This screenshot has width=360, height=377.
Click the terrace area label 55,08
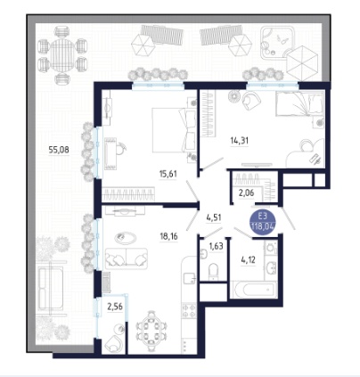(59, 150)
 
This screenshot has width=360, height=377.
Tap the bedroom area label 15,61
(168, 174)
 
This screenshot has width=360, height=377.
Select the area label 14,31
(240, 140)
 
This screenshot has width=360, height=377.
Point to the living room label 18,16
(169, 236)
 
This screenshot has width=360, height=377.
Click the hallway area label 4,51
(214, 217)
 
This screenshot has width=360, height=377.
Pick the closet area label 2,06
(247, 193)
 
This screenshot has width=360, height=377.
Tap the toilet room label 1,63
(217, 246)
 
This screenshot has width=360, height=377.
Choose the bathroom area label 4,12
(248, 260)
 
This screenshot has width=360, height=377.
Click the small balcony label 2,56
(115, 307)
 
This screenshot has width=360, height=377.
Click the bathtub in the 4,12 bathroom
(254, 290)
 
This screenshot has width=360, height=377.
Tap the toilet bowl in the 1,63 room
(214, 271)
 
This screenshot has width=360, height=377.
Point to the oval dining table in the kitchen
(151, 330)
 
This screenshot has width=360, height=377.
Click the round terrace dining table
(62, 55)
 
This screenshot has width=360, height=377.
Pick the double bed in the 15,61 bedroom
(174, 130)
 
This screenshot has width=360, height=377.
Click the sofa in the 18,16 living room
(127, 258)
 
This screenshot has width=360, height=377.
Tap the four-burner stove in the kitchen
(189, 310)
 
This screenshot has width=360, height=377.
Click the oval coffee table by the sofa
(126, 238)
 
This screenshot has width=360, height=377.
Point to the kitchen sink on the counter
(189, 278)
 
